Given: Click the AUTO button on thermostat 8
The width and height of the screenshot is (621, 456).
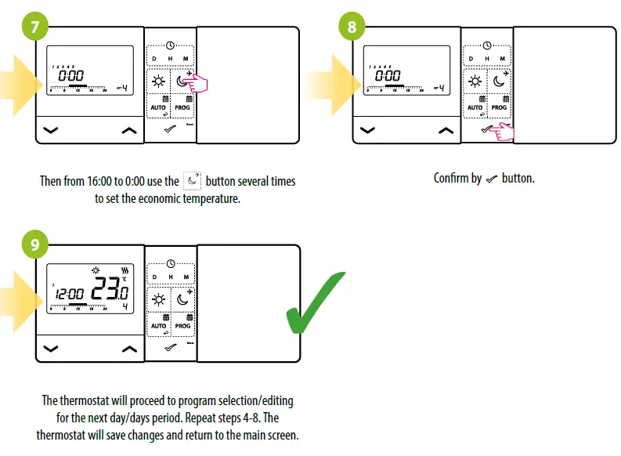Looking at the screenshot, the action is pos(475,104).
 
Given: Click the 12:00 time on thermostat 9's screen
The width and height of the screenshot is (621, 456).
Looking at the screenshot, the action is pos(70,296).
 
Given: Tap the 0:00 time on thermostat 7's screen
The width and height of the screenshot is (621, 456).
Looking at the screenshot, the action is pos(71,77).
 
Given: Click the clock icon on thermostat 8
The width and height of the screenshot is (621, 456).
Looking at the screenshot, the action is pos(487,47).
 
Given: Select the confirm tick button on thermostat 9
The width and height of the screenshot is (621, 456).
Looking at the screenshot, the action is pos(170,347).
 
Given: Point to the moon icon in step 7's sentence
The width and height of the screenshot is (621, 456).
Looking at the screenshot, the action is pos(192,181).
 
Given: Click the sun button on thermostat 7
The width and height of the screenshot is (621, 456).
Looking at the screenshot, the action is pos(159,81).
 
